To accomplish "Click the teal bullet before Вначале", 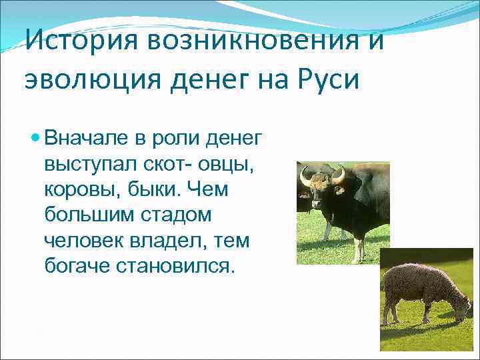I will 35,139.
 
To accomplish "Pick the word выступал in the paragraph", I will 89,164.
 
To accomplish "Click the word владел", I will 164,241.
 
